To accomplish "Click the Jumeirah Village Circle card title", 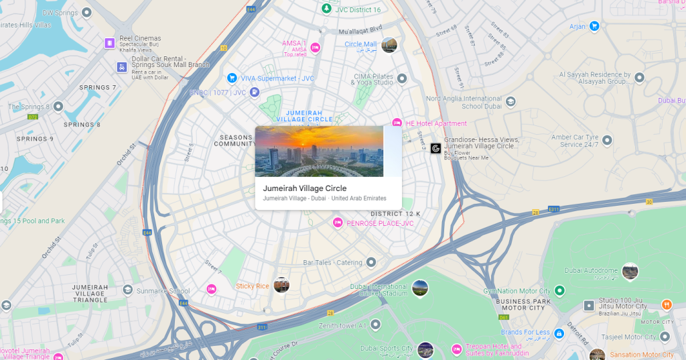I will click(x=304, y=188).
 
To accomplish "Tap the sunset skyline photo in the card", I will click(x=319, y=152).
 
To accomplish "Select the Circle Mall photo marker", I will click(x=389, y=45).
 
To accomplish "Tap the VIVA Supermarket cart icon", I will click(x=232, y=78).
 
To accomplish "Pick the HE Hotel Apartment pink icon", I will click(x=397, y=123).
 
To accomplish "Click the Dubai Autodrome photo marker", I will click(x=630, y=272).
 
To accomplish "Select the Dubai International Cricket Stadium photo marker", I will click(x=420, y=288).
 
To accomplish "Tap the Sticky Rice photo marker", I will click(x=281, y=285).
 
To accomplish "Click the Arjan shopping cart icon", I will click(x=594, y=26).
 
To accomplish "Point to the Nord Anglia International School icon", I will click(x=510, y=102).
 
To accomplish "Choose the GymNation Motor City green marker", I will click(x=559, y=291).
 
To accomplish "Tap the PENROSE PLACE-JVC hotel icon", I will click(x=338, y=223).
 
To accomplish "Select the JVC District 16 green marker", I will click(x=326, y=9).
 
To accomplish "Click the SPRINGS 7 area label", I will click(x=98, y=88).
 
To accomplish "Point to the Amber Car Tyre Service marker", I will click(x=607, y=140).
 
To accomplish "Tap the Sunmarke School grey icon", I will click(x=127, y=290).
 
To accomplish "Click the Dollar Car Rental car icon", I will click(x=121, y=67).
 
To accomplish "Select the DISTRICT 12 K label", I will click(x=395, y=214).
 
